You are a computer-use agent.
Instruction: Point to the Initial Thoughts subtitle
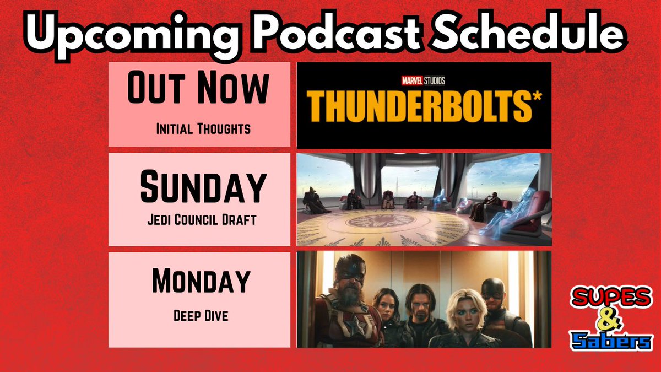coord(203,129)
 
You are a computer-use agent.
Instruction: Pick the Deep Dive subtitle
coord(199,317)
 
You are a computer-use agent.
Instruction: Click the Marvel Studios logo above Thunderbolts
coord(423,80)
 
